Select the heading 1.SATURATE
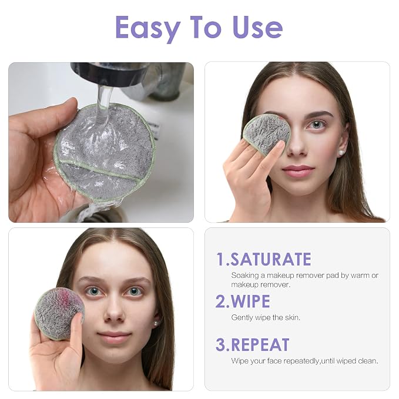[x=264, y=259]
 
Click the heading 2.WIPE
[x=243, y=301]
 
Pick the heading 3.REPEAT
[x=253, y=345]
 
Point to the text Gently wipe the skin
[x=266, y=317]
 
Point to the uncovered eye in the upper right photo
[x=317, y=125]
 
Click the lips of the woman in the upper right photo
[x=298, y=171]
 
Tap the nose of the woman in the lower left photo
[x=114, y=311]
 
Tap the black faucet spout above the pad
[x=109, y=74]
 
